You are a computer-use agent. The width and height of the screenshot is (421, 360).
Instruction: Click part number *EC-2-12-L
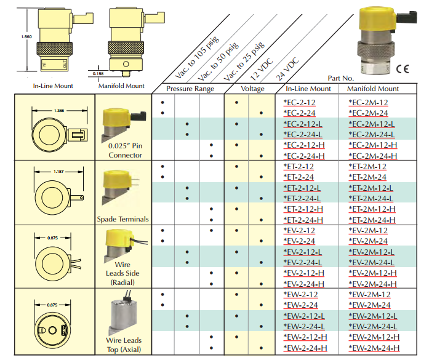pyautogui.click(x=303, y=124)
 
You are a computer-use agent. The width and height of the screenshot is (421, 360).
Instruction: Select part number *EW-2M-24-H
pyautogui.click(x=374, y=348)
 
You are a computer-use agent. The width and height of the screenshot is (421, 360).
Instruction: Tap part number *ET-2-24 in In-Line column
pyautogui.click(x=299, y=177)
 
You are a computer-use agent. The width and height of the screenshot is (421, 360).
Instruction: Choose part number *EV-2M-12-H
pyautogui.click(x=372, y=273)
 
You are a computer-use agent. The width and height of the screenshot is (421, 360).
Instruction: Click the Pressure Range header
pyautogui.click(x=190, y=89)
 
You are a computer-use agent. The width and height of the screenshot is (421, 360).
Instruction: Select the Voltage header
pyautogui.click(x=252, y=89)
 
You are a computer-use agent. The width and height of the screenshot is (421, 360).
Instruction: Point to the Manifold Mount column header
pyautogui.click(x=373, y=89)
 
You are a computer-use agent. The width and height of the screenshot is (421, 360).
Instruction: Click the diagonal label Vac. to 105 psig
pyautogui.click(x=198, y=57)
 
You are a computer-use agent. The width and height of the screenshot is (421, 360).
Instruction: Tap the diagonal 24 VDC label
pyautogui.click(x=287, y=69)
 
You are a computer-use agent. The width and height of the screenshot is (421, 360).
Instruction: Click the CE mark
pyautogui.click(x=403, y=70)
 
